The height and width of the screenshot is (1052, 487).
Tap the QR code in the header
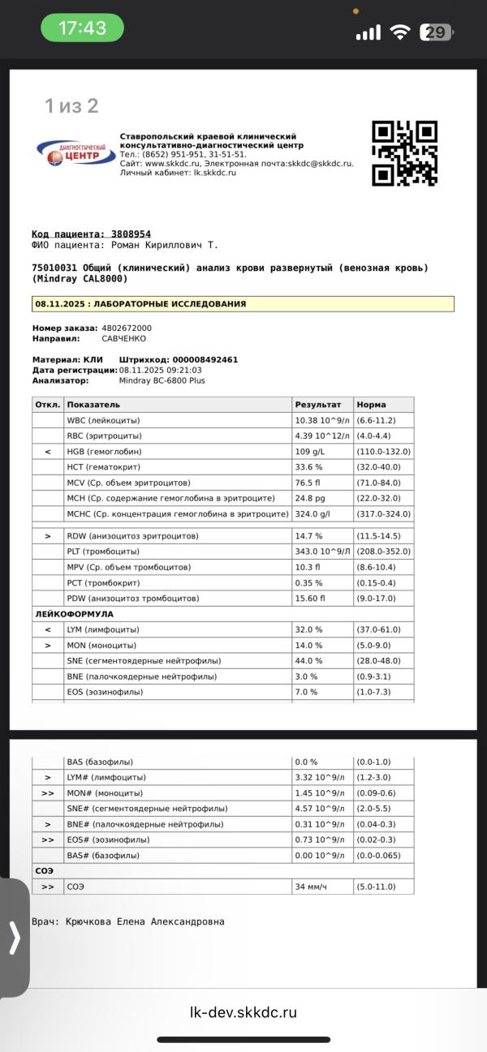pos(404,153)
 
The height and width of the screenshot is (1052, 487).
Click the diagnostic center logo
pos(75,152)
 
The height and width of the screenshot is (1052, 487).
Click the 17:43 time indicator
pos(82,28)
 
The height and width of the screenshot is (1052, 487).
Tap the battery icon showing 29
pos(436,32)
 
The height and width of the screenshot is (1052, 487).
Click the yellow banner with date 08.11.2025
pos(243,304)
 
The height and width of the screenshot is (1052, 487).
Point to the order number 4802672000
pos(127,328)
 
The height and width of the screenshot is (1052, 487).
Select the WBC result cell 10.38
pos(321,421)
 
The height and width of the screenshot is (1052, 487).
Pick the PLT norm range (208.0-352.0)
pos(383,552)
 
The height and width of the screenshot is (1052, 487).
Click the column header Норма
pos(371,405)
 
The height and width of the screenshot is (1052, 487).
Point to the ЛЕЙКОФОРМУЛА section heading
pos(74,614)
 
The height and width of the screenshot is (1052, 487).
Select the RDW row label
pos(132,536)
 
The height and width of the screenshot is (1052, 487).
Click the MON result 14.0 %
pos(308,646)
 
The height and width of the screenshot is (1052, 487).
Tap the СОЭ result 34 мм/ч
pos(312,887)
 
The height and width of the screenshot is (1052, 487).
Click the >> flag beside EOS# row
pos(47,840)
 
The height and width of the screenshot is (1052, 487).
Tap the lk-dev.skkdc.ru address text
pos(243,1012)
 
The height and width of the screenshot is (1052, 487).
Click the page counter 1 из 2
pos(71,105)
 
